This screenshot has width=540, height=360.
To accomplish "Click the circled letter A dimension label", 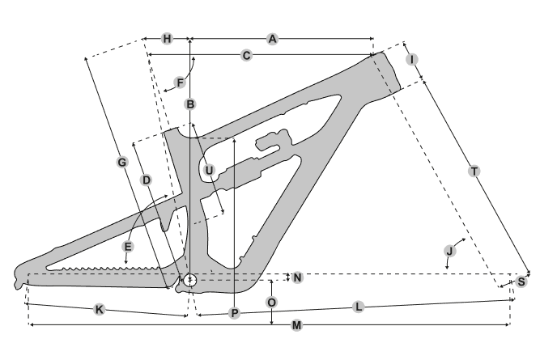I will (273, 39).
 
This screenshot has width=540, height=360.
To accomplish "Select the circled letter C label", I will (246, 55).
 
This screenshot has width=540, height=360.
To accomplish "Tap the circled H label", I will (167, 39).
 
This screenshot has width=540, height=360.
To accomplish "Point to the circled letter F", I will (180, 83).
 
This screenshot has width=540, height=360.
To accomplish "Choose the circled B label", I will (189, 104).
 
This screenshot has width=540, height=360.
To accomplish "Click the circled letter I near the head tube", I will (413, 60).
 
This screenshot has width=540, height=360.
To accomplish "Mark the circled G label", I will (122, 163).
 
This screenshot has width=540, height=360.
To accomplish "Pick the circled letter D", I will (147, 180).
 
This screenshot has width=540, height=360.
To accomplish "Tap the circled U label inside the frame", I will (209, 170).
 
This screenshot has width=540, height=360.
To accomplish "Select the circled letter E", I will (128, 245).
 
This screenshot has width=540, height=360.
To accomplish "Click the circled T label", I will (474, 171).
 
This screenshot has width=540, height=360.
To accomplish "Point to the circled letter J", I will (450, 251).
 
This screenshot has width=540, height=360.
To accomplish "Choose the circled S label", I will (522, 282).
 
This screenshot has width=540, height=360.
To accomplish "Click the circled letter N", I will (297, 277).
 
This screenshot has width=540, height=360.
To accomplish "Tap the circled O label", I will (272, 302).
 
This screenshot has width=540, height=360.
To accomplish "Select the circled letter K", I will (99, 309).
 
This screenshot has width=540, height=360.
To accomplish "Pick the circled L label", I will (358, 307).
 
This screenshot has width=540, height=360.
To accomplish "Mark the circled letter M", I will (297, 325).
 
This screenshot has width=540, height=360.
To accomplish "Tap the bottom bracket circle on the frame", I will (190, 280).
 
